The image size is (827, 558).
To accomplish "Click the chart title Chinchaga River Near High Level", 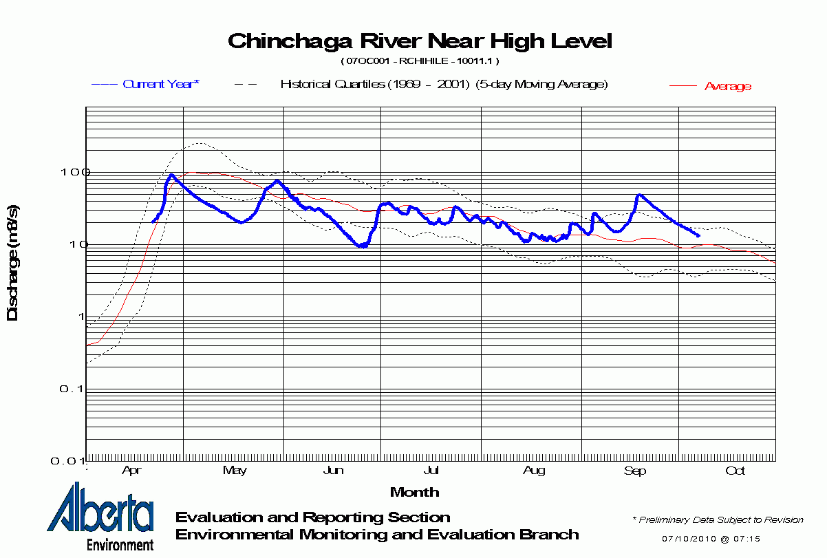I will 419,41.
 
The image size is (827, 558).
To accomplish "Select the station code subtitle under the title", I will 420,61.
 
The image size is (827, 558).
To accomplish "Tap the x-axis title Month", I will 414,492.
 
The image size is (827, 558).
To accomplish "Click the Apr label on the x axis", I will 131,471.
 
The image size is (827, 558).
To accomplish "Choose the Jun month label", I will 333,471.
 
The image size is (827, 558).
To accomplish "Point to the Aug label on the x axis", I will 534,471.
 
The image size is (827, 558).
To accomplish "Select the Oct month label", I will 735,471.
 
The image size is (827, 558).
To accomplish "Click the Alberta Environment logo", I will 100,517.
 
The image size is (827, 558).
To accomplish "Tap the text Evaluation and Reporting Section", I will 313,517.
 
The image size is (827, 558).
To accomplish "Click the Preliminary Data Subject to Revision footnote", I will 718,520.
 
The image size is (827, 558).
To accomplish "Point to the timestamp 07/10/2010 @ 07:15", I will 711,538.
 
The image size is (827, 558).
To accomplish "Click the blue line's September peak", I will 639,195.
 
